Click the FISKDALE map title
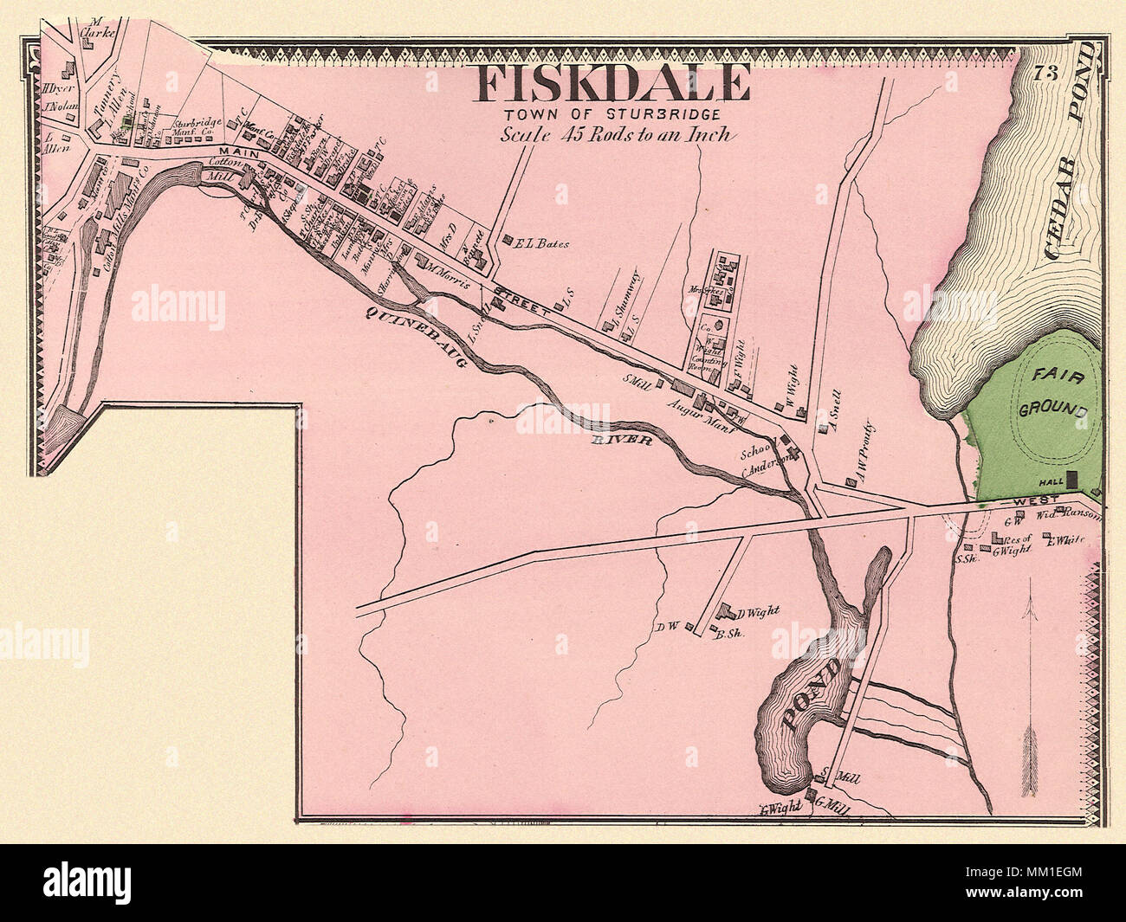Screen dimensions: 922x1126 [x=611, y=84]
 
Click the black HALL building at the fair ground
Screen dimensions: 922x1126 [x=1072, y=478]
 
